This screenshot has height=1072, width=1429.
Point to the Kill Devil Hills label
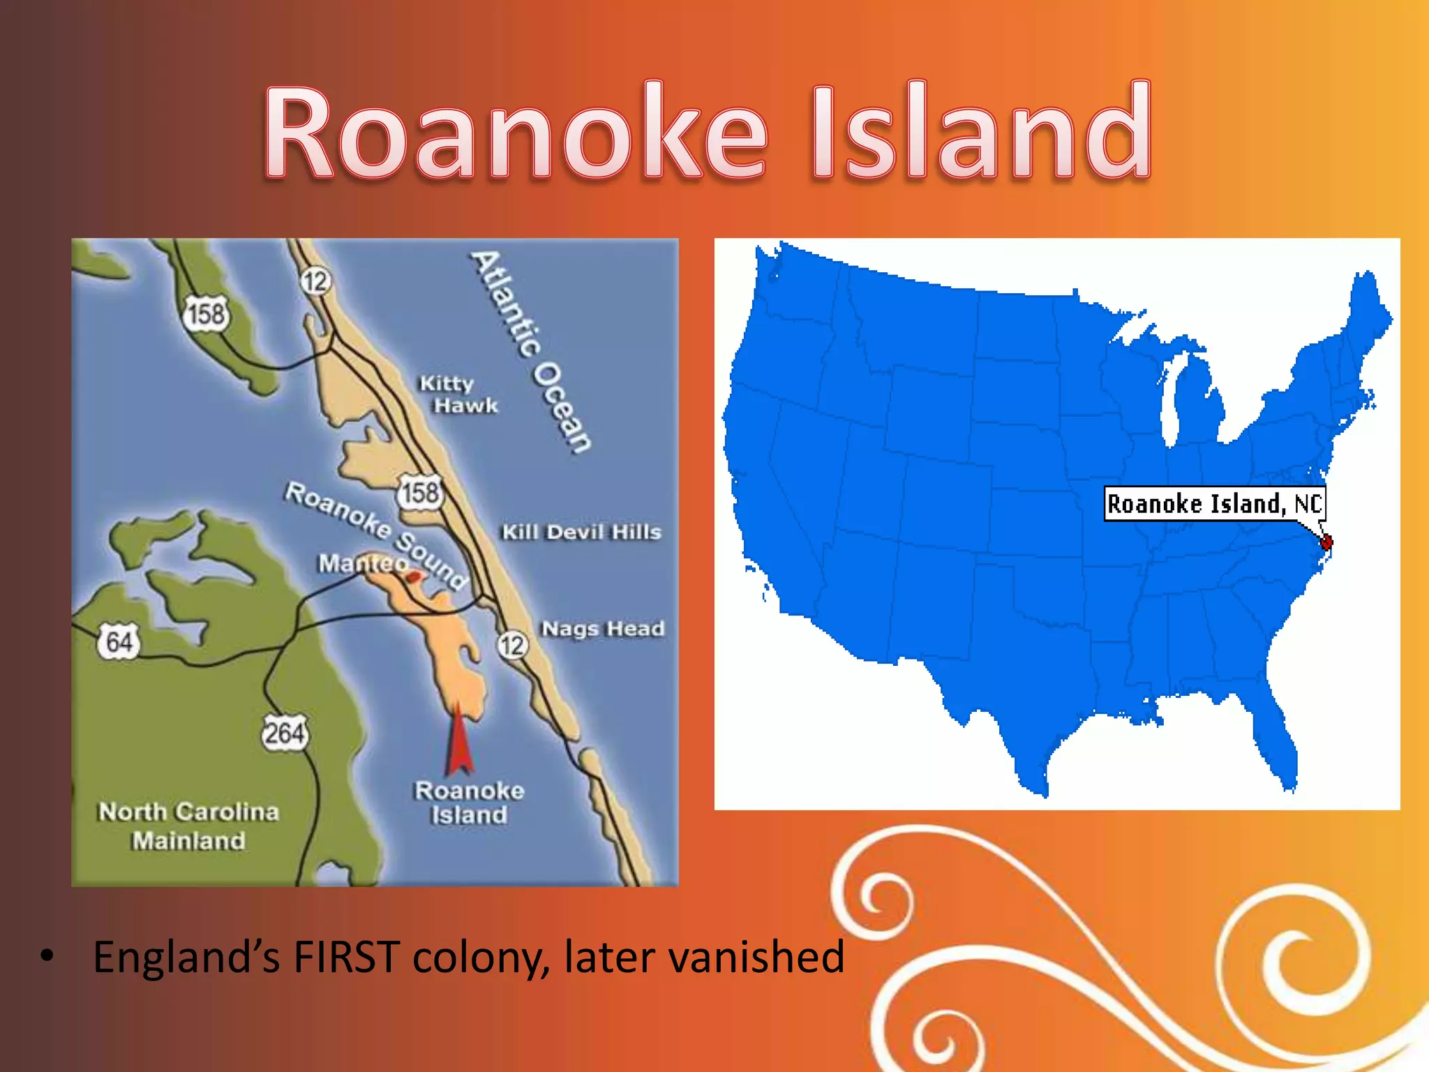click(581, 532)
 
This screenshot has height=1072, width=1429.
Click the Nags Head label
click(603, 629)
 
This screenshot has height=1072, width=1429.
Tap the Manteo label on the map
click(362, 563)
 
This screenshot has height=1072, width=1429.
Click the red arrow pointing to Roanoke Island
click(458, 740)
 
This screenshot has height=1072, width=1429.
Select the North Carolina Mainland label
click(188, 826)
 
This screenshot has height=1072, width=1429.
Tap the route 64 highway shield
click(119, 641)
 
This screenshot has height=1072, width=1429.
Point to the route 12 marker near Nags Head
click(512, 645)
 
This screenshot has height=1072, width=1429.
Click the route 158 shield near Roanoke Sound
click(421, 493)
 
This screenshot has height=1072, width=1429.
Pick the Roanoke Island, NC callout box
click(1214, 503)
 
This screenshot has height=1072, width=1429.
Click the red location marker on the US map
click(1326, 542)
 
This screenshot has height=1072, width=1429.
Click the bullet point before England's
click(47, 955)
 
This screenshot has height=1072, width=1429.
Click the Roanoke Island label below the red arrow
click(469, 803)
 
